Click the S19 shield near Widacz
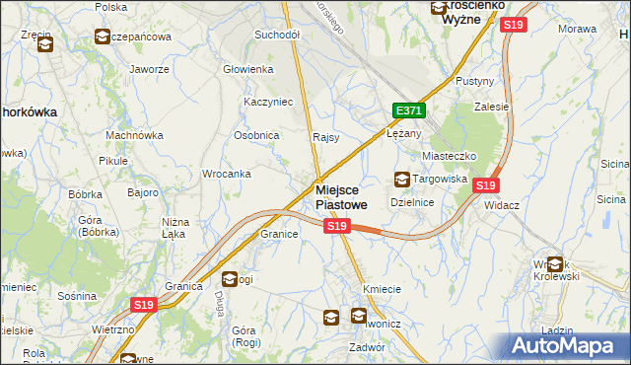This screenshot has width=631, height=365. coord(485,184)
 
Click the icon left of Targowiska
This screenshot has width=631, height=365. coord(402,180)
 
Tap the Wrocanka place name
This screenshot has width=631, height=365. coord(226,174)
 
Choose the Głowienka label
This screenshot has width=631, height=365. coord(247,69)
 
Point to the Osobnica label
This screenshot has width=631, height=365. coord(255,136)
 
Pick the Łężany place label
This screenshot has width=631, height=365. coord(404,133)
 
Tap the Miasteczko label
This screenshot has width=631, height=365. coord(450,156)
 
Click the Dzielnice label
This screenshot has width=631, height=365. coord(413,201)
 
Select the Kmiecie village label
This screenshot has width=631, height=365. coord(382,289)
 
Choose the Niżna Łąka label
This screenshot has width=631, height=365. coord(175,228)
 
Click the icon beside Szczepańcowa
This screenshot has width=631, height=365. coord(103,37)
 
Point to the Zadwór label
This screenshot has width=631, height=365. coord(367,347)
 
